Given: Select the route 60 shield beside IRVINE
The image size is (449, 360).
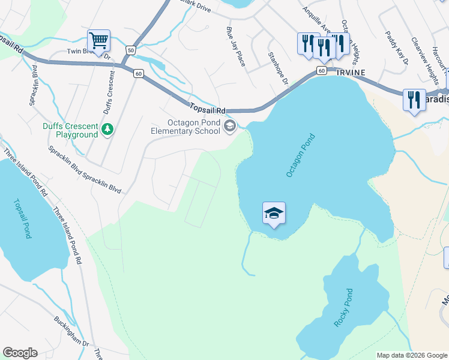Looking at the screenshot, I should click(x=322, y=71).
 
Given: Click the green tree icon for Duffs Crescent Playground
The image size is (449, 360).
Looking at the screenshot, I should click(x=107, y=129).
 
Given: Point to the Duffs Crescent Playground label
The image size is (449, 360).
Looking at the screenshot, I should click(x=70, y=130).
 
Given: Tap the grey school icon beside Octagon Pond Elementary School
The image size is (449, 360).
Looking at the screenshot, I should click(x=230, y=126).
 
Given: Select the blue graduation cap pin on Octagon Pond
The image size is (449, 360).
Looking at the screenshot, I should click(x=274, y=213).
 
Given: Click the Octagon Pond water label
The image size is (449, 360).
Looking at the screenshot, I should click(x=300, y=155).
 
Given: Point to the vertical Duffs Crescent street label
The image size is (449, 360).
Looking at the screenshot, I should click(x=109, y=92).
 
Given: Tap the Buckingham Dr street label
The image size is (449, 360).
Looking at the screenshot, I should click(x=71, y=333).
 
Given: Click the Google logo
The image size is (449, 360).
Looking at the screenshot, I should click(x=20, y=353).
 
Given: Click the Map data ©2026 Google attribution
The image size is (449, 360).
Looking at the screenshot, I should click(x=412, y=355).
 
